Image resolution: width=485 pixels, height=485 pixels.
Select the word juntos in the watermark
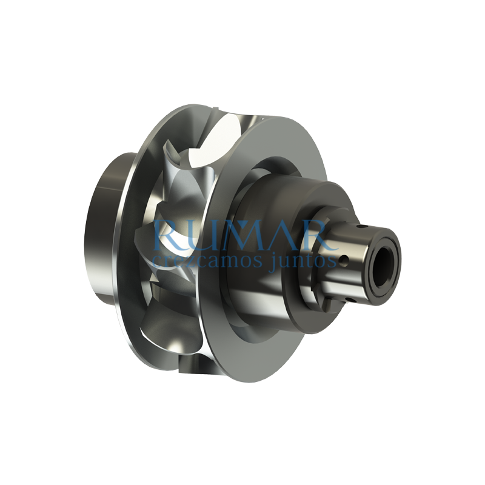(x=303, y=261)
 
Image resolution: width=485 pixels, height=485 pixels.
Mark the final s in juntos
(x=332, y=261)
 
